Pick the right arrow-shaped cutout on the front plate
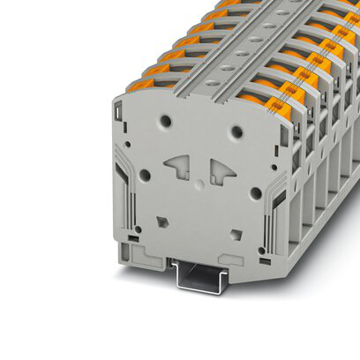pos(221,171)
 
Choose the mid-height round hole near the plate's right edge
pos(255,191)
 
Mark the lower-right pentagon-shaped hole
pos(235,235)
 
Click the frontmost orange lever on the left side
pos(140,85)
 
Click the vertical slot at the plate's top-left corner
pos(117,112)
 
